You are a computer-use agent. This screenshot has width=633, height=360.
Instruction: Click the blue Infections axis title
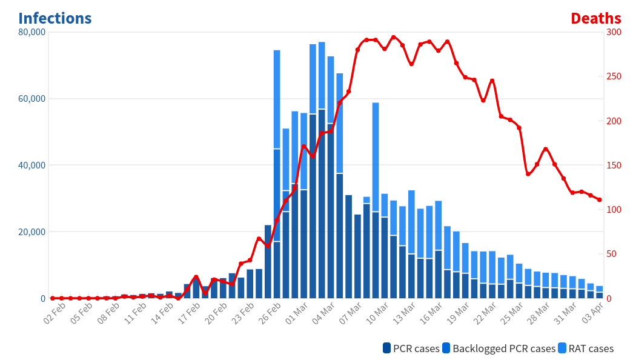tap(55, 18)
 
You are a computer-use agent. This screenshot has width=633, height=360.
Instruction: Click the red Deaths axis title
tap(595, 18)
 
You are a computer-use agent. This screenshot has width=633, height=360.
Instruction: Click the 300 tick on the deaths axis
tap(614, 32)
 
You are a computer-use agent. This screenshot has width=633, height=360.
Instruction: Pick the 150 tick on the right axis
tap(614, 165)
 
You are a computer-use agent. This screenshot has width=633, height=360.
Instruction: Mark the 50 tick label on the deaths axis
tap(611, 254)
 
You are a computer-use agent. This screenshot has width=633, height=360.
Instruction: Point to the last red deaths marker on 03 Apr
tap(599, 199)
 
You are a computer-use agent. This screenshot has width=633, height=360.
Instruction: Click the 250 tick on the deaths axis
tap(614, 76)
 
